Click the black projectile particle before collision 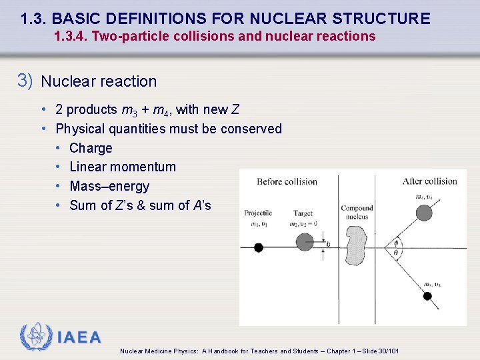point(259,247)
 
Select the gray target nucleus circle point(305,242)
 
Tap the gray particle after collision point(424,213)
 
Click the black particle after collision point(427,296)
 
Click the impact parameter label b point(328,245)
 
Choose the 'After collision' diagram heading point(429,181)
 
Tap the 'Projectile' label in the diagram point(258,213)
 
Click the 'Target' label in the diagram point(303,213)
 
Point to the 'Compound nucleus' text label point(357,212)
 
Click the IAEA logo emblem point(35,337)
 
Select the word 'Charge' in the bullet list point(91,148)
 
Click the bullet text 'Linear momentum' point(123,167)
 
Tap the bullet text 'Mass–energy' point(109,186)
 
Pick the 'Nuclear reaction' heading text point(99,81)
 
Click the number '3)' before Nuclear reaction point(25,81)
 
